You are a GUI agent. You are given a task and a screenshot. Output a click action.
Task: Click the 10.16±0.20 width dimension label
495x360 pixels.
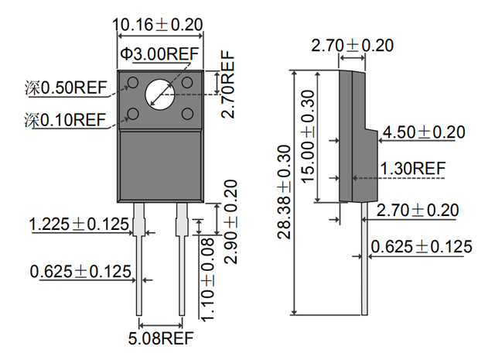(x=158, y=24)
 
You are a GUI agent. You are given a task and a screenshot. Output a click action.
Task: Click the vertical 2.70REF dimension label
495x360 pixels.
(x=227, y=84)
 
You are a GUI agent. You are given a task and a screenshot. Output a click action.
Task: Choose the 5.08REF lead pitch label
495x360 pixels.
(x=161, y=338)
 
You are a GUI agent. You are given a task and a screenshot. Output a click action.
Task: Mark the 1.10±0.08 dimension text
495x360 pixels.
(x=207, y=279)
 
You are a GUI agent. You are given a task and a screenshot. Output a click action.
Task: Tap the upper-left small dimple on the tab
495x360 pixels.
(x=134, y=82)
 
